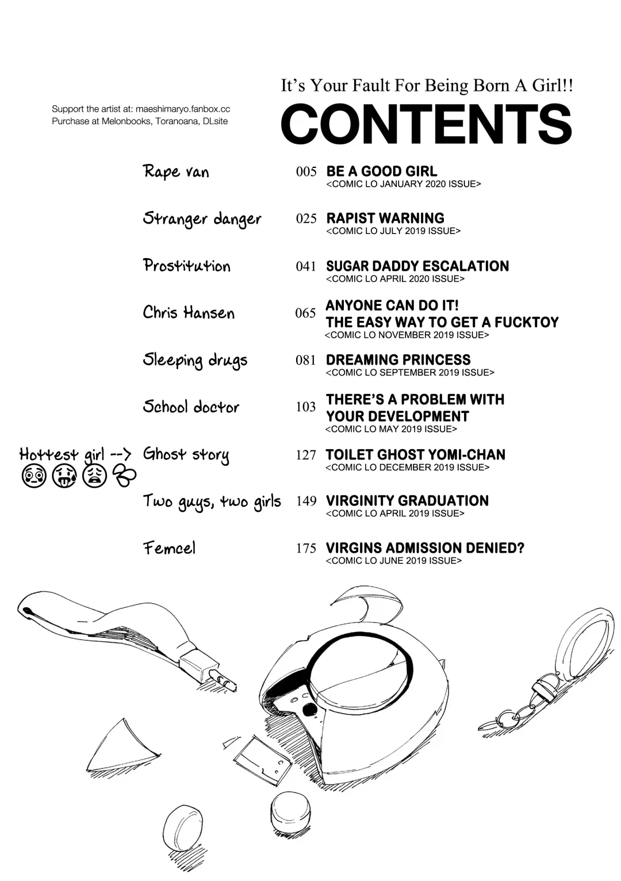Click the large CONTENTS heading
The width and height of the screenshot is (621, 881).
click(x=426, y=124)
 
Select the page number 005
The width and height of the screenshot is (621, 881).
click(x=306, y=171)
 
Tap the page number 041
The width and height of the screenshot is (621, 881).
click(x=306, y=266)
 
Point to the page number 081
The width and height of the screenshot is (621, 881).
click(x=305, y=360)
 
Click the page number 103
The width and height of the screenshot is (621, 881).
click(x=305, y=407)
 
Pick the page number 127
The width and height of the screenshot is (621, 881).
click(x=305, y=455)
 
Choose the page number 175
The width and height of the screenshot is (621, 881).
click(x=306, y=548)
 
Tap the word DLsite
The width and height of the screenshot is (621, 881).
click(x=215, y=121)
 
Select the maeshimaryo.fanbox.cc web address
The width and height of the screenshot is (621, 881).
click(x=183, y=109)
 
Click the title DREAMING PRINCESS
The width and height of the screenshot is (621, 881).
click(x=398, y=360)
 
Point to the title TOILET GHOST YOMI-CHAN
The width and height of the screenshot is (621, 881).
click(x=415, y=455)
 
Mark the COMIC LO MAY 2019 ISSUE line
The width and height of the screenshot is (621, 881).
click(x=391, y=429)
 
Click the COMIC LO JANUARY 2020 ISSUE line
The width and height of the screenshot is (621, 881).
click(x=404, y=184)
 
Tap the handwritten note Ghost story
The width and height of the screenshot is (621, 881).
click(x=186, y=455)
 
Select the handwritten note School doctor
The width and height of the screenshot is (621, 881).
click(x=191, y=407)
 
